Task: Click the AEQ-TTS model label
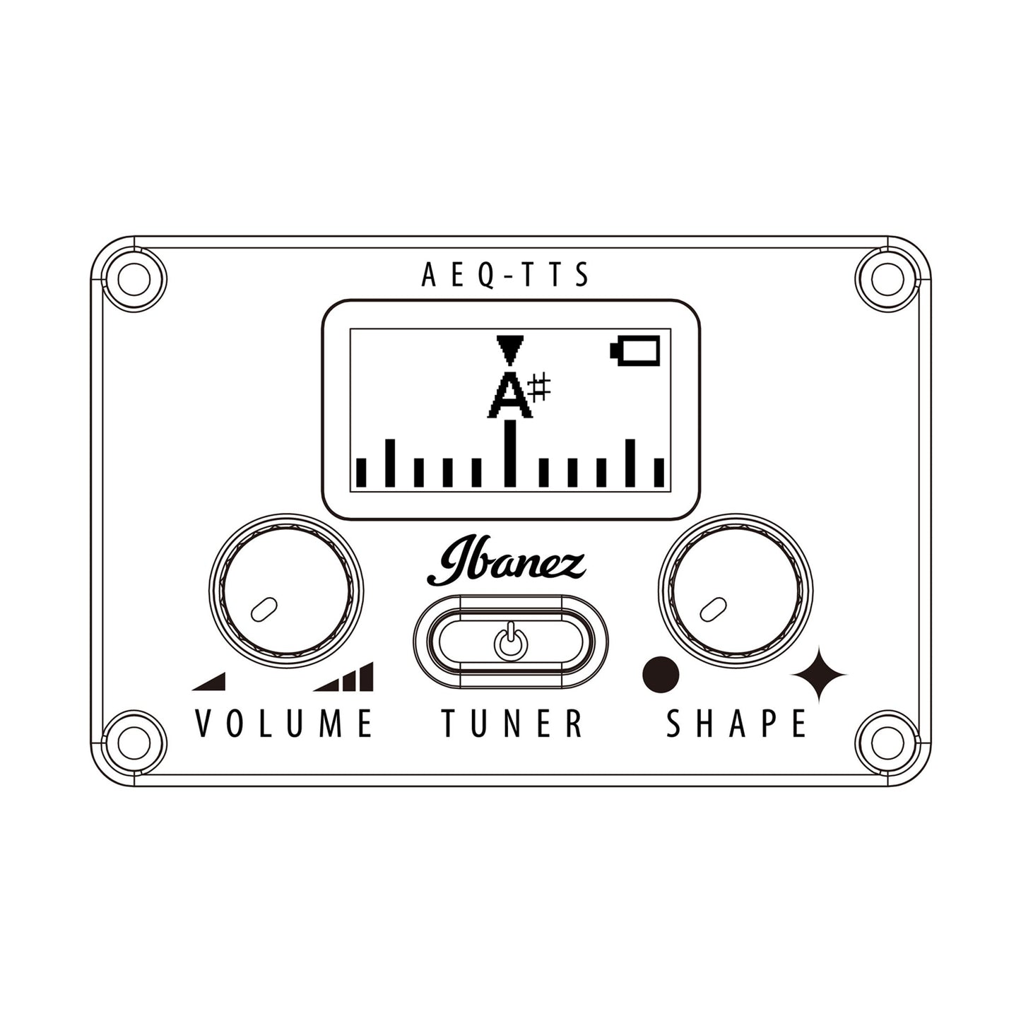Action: click(505, 275)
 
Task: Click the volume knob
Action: click(286, 590)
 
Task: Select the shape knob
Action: click(736, 590)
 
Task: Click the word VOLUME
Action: click(284, 724)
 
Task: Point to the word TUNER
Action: click(512, 724)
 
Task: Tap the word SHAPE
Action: click(736, 724)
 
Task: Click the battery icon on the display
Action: click(635, 350)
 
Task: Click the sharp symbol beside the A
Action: click(539, 387)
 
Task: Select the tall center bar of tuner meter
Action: click(509, 453)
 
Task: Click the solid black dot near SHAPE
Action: click(660, 675)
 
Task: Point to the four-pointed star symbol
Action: click(819, 675)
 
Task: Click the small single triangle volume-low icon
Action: click(208, 681)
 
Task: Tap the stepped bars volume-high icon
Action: click(343, 677)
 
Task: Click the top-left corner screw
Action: click(134, 278)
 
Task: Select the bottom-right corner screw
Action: click(887, 740)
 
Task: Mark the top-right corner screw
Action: click(887, 278)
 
